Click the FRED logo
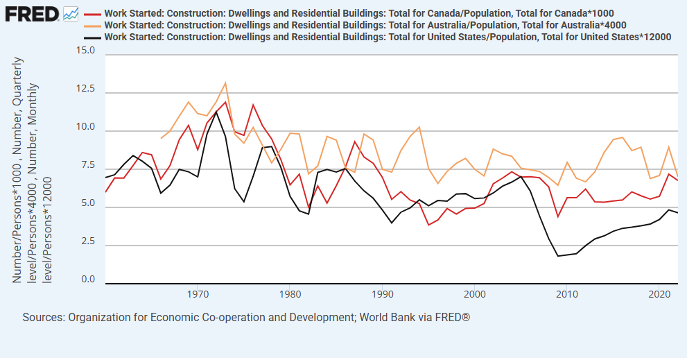(32, 12)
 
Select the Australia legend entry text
(365, 25)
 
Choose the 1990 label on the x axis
(382, 294)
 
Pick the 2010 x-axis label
(566, 294)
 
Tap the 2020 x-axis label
(659, 294)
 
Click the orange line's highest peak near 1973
(225, 83)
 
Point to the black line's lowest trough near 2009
(558, 256)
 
